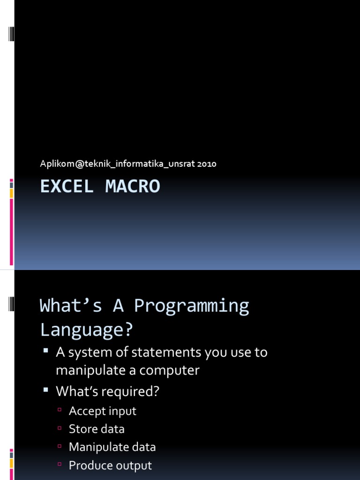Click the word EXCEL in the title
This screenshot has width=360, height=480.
[67, 186]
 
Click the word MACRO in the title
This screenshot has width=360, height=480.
[133, 186]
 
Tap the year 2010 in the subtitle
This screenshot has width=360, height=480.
[207, 164]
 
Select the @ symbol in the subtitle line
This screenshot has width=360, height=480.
[79, 164]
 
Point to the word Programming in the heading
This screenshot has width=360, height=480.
[191, 306]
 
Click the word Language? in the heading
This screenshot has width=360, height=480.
[87, 330]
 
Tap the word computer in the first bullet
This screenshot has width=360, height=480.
[169, 371]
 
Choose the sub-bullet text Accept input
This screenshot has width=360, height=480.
[103, 411]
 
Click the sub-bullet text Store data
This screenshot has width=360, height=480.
[97, 429]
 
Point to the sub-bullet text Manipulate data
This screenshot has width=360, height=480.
[112, 447]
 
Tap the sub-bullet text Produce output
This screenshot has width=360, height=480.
[110, 465]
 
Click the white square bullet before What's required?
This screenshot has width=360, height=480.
[46, 390]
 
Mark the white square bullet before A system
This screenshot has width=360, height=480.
[46, 351]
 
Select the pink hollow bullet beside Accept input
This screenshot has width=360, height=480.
[60, 410]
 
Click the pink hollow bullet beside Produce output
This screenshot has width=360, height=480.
[60, 464]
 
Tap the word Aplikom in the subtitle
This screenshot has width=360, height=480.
[57, 164]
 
